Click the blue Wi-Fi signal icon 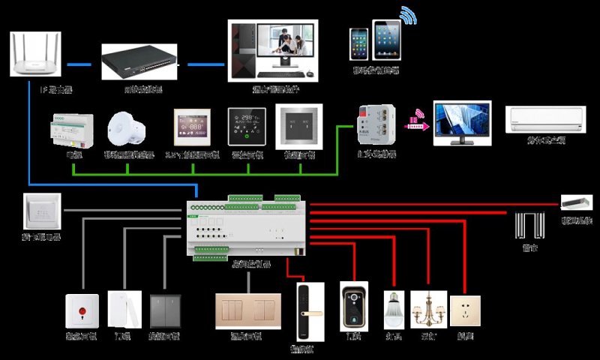click(407, 16)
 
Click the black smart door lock click(304, 310)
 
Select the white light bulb click(395, 307)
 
